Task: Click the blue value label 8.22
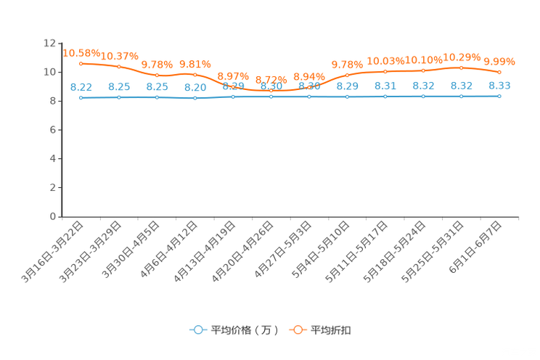(x=81, y=86)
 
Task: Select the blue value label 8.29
(x=348, y=86)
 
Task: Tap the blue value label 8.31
(x=385, y=86)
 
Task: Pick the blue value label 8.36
(x=499, y=85)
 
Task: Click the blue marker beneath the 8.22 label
(x=81, y=98)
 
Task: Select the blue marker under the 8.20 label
(x=195, y=99)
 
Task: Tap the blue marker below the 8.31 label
(x=385, y=97)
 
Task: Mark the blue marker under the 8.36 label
(x=499, y=96)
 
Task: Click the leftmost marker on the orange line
(x=81, y=64)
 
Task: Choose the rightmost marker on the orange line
(x=499, y=73)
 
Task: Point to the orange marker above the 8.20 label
(x=195, y=74)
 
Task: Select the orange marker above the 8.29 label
(x=348, y=75)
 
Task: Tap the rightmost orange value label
(x=499, y=61)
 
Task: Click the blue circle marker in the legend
(x=197, y=330)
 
